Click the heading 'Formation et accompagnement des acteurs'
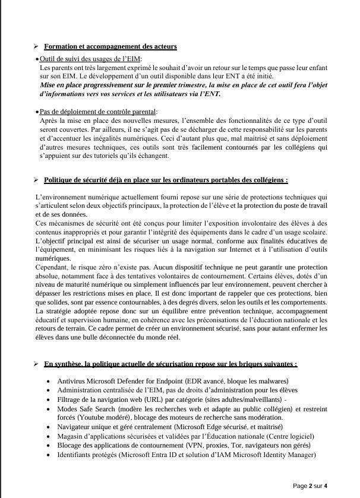click(110, 46)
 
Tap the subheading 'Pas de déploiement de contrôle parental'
click(98, 112)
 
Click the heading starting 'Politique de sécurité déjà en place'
click(166, 180)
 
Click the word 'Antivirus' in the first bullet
click(71, 381)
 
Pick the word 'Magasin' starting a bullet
click(70, 436)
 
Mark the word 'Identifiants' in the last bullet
click(75, 455)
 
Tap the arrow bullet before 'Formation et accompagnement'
click(36, 46)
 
